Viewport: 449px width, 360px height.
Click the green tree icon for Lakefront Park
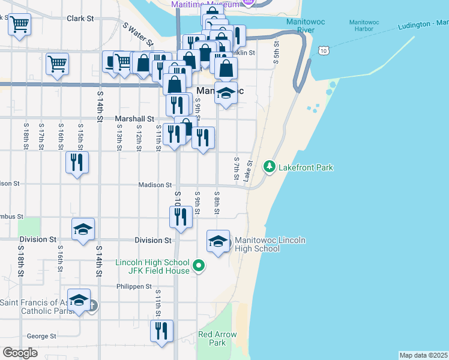pyautogui.click(x=270, y=166)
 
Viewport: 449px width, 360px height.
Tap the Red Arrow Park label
pyautogui.click(x=217, y=338)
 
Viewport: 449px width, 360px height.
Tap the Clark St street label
pyautogui.click(x=80, y=19)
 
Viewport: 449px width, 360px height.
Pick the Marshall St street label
pyautogui.click(x=134, y=119)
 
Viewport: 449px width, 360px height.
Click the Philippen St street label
pyautogui.click(x=134, y=287)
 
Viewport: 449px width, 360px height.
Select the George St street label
pyautogui.click(x=41, y=337)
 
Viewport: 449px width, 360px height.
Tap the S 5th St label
pyautogui.click(x=276, y=54)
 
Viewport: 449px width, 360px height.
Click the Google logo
pyautogui.click(x=20, y=353)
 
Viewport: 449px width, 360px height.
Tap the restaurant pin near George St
pyautogui.click(x=161, y=331)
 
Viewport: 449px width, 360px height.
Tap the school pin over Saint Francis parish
pyautogui.click(x=79, y=300)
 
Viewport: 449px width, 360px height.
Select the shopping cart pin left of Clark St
pyautogui.click(x=19, y=25)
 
